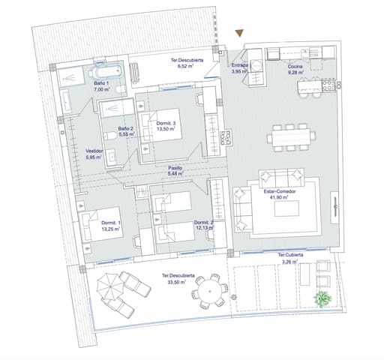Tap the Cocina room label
[x=296, y=67]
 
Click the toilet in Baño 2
[x=110, y=136]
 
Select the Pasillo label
[x=175, y=168]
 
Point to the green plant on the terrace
[x=324, y=298]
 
